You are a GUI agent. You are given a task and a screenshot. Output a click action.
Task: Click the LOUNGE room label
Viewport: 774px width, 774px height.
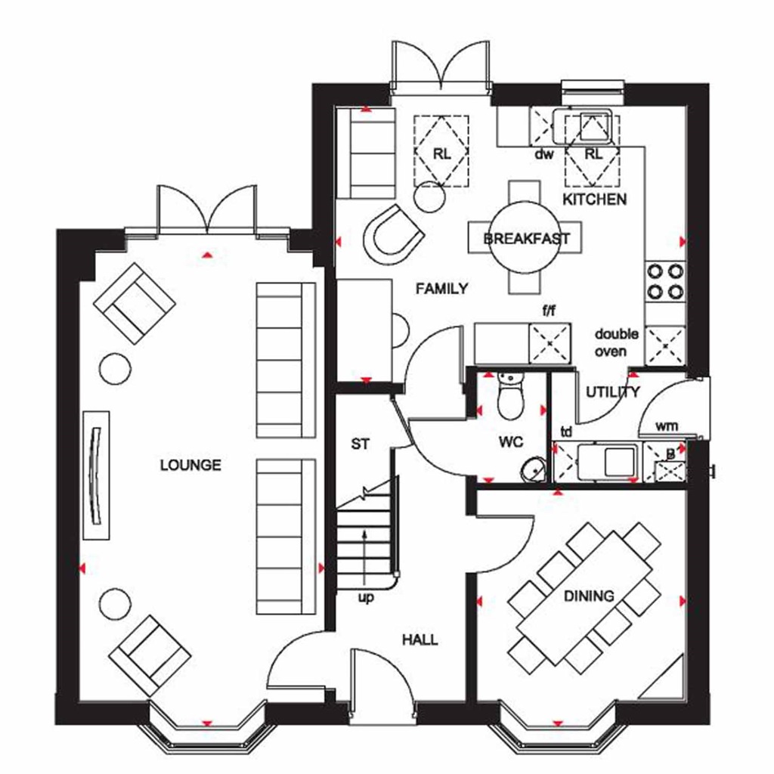coord(190,465)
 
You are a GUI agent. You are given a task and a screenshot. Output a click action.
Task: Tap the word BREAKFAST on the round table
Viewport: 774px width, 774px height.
coord(526,239)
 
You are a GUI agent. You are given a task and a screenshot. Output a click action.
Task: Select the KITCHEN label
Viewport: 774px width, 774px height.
coord(594,200)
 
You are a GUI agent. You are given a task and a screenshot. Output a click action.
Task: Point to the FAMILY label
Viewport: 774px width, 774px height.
coord(442,288)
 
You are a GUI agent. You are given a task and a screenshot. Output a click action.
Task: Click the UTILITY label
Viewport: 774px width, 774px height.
coord(613,392)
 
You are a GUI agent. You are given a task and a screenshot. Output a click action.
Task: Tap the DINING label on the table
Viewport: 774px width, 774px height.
coord(589,596)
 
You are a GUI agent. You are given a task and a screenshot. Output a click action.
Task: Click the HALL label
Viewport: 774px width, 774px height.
coord(420,639)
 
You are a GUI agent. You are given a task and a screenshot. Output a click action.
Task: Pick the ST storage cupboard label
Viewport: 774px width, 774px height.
coord(361,444)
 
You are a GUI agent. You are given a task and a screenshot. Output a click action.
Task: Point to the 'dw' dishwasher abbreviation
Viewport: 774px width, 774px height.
coord(544,155)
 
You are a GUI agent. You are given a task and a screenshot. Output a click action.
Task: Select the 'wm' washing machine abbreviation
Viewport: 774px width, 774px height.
coord(666,426)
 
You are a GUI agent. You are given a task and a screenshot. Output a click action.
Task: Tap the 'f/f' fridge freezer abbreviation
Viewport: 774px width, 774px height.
coord(550,310)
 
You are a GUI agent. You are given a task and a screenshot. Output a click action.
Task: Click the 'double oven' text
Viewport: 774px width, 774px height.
coord(616,342)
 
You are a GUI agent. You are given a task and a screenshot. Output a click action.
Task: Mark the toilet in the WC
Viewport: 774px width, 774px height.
coord(509,397)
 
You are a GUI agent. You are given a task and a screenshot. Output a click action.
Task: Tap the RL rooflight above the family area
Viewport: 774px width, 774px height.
coord(441,152)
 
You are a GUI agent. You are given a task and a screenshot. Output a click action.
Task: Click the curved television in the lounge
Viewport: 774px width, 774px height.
coord(95,474)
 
